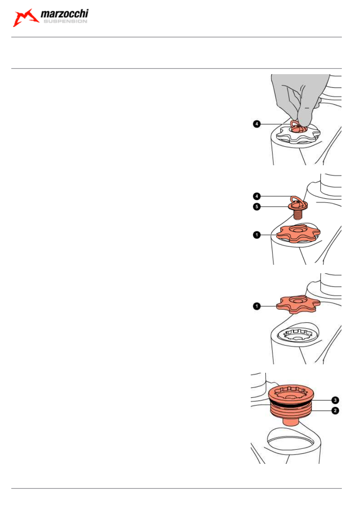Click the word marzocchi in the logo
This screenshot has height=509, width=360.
(x=65, y=14)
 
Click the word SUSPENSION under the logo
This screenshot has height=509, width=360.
(x=65, y=21)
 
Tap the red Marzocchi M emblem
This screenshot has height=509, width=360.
(x=25, y=18)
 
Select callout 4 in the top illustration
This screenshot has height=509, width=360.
(x=256, y=124)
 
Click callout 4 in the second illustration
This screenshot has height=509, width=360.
(x=256, y=196)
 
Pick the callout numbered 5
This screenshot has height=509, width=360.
(x=256, y=207)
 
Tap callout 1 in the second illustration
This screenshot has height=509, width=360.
(x=256, y=235)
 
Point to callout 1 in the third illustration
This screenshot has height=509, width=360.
(x=256, y=306)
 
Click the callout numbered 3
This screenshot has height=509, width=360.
(x=335, y=400)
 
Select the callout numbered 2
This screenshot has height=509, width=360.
(x=335, y=411)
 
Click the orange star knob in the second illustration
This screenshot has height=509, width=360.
(x=298, y=234)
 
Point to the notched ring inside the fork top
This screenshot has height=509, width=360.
(x=298, y=335)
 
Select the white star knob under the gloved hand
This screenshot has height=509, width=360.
(x=298, y=136)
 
